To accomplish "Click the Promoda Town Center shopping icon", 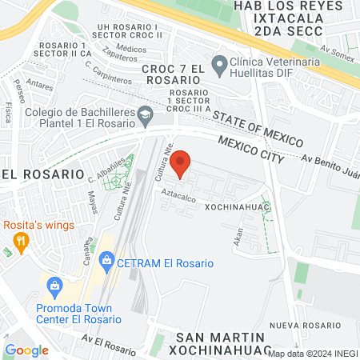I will pyautogui.click(x=54, y=284).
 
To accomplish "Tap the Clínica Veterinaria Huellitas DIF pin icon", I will pyautogui.click(x=218, y=62).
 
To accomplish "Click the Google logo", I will pyautogui.click(x=26, y=350).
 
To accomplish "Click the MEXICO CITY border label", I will pyautogui.click(x=251, y=149).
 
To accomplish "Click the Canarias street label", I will pyautogui.click(x=88, y=249).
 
